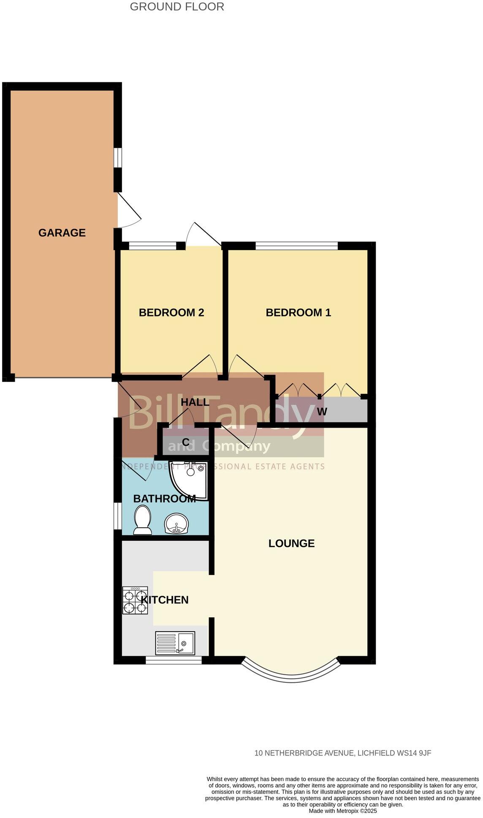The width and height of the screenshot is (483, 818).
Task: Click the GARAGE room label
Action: point(62,233)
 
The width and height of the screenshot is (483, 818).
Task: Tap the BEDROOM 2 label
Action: point(171,313)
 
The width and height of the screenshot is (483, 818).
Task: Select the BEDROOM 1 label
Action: point(298,313)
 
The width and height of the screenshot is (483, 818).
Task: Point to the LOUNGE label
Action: point(291,543)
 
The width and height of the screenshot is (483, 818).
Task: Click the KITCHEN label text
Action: point(164,600)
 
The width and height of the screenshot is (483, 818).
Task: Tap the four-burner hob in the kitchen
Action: point(135,600)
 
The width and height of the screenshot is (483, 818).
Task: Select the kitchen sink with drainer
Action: point(175,643)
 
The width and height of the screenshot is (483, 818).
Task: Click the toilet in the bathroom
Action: point(143,520)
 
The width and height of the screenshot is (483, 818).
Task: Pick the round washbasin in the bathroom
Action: point(177,524)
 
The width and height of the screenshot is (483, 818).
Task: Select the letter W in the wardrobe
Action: point(322,412)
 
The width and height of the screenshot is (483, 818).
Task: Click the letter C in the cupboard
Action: point(185,442)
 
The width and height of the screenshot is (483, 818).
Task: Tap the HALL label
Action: point(195,402)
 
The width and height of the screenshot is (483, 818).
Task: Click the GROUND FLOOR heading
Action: point(177,7)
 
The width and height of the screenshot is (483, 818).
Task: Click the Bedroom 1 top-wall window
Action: point(296,245)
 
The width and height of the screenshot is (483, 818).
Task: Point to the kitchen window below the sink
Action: point(174,660)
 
